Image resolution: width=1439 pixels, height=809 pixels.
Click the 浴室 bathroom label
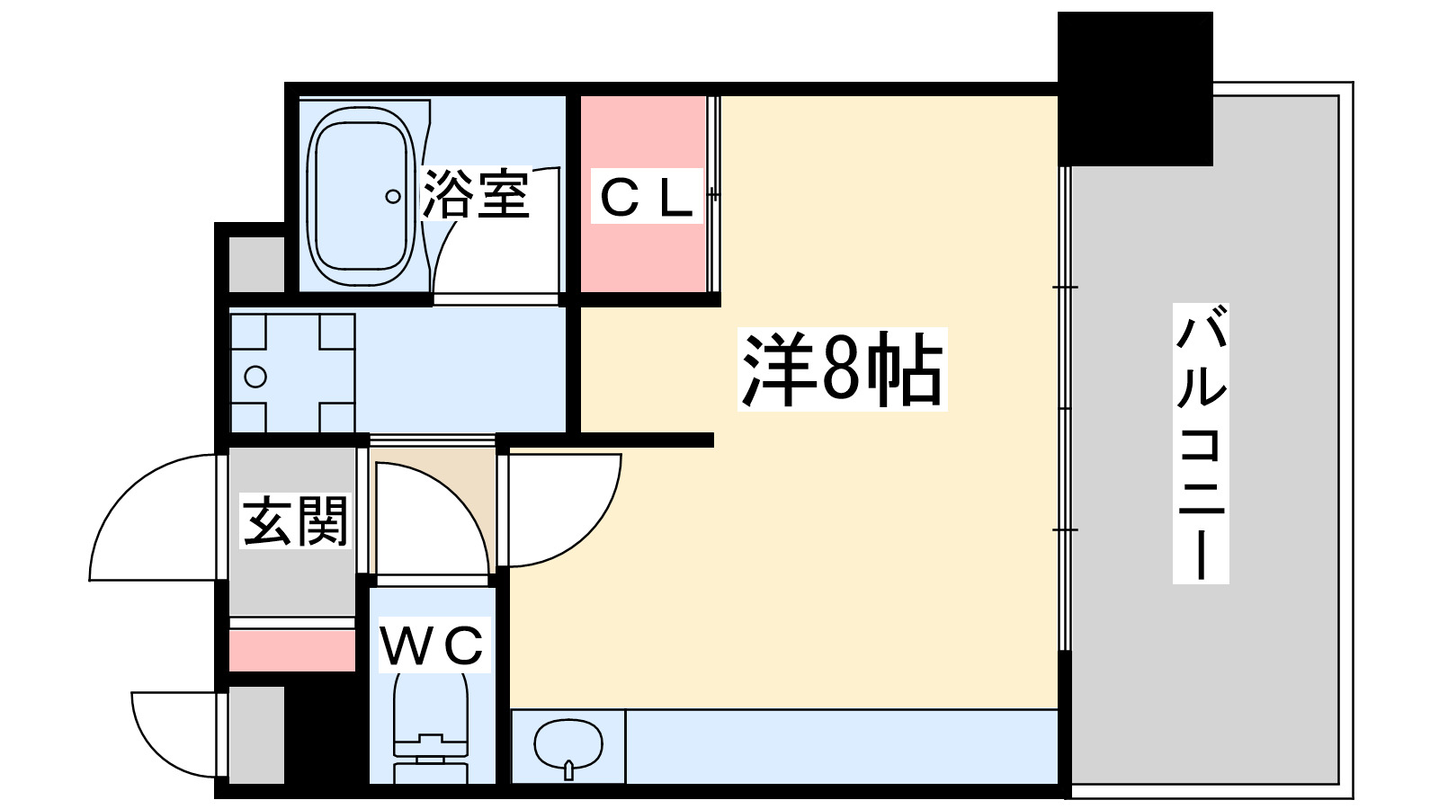[x=475, y=193]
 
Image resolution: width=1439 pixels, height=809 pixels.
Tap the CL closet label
[x=646, y=197]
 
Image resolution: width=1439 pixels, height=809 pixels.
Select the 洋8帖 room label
[x=842, y=369]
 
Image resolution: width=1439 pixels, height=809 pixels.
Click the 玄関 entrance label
[x=295, y=520]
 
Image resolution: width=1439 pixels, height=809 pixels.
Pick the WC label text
[x=433, y=645]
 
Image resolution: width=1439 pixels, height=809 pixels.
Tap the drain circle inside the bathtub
[x=392, y=196]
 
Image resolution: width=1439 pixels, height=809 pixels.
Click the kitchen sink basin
[x=568, y=743]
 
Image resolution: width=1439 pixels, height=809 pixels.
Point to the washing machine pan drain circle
[x=255, y=377]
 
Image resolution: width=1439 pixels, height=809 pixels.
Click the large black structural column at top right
[x=1135, y=88]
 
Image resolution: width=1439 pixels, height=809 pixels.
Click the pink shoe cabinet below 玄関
[x=292, y=650]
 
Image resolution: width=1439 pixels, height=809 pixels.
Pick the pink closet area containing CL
[x=642, y=252]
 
